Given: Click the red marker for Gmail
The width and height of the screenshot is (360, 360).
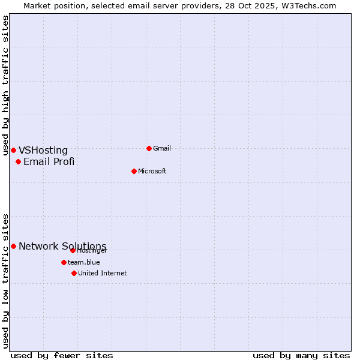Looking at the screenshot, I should (x=149, y=148).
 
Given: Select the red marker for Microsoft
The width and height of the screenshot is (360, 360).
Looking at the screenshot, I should (x=134, y=171).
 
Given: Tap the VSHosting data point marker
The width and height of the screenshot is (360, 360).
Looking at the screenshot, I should (x=13, y=150).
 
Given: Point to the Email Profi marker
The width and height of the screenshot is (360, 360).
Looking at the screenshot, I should (x=19, y=161).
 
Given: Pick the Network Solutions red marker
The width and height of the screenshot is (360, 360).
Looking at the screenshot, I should (x=13, y=246).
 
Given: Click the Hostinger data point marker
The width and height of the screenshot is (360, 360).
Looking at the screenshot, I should (x=73, y=250).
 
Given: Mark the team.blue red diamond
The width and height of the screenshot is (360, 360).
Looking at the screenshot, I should (x=64, y=262).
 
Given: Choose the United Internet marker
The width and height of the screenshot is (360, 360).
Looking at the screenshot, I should (x=74, y=273).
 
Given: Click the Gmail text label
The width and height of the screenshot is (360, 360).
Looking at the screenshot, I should (x=162, y=148).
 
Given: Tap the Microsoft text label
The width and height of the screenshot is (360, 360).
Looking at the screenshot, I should (x=152, y=171).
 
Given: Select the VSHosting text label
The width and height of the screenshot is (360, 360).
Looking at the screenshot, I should (x=43, y=151).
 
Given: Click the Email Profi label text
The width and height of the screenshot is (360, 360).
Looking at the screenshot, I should (x=49, y=161).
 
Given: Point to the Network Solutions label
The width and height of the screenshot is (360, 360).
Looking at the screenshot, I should (x=62, y=247).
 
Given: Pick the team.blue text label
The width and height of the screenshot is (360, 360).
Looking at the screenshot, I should (x=84, y=262).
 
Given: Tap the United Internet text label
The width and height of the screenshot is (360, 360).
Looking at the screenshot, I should (x=103, y=273).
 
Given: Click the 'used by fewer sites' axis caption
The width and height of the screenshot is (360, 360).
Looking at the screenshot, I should (x=62, y=355).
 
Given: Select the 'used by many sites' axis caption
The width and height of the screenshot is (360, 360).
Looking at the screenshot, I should (x=301, y=355).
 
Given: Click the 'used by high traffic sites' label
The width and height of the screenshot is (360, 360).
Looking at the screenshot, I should (x=6, y=85).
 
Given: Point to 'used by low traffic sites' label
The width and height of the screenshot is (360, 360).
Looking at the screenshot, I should (x=6, y=280).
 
